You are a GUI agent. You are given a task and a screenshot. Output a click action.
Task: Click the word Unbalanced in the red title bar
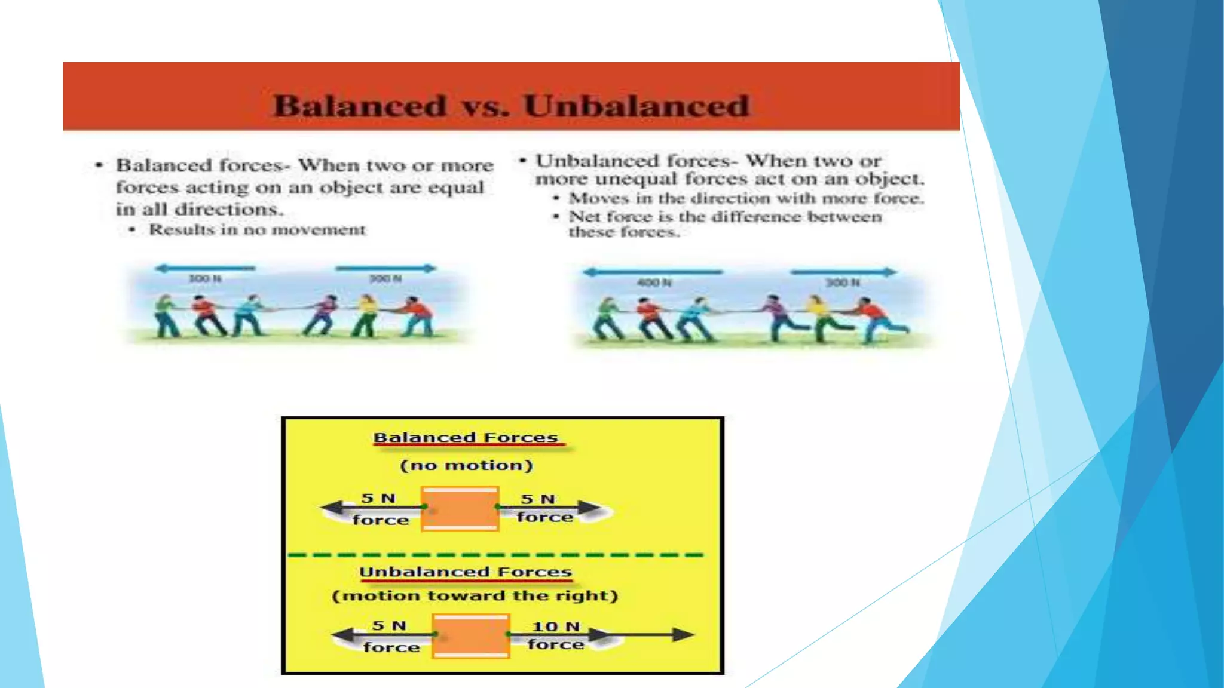636,106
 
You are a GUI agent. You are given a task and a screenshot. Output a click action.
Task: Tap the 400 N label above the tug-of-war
654,282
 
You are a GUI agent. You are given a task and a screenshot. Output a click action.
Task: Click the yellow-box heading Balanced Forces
466,438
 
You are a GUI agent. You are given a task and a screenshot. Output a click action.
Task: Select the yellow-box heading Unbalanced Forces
466,572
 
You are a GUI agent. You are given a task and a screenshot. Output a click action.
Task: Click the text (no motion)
466,465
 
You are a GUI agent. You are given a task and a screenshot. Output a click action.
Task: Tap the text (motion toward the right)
475,596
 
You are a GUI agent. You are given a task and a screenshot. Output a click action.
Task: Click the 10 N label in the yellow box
555,626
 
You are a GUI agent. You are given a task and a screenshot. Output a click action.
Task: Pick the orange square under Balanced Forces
460,509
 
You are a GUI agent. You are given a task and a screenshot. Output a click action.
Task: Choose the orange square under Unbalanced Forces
471,636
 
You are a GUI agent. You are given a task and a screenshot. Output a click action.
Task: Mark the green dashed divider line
496,555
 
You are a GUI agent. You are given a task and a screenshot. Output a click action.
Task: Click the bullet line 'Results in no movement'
257,230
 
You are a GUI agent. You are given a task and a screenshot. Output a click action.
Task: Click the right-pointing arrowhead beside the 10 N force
683,635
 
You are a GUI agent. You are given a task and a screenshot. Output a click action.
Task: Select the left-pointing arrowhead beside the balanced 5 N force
332,508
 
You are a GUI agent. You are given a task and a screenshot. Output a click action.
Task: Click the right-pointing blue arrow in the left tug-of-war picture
386,268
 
